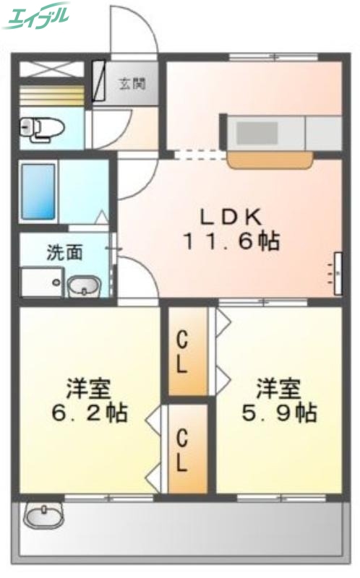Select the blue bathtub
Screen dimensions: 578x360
point(38,191)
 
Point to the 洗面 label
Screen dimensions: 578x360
point(65,252)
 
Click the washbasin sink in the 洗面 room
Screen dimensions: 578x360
point(85,286)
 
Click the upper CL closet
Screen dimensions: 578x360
point(184,351)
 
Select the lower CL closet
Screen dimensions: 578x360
point(184,449)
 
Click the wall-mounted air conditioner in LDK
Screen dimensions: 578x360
point(336,273)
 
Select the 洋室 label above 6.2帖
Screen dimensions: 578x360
point(88,389)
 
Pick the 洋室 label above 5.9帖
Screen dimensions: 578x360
point(278,389)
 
